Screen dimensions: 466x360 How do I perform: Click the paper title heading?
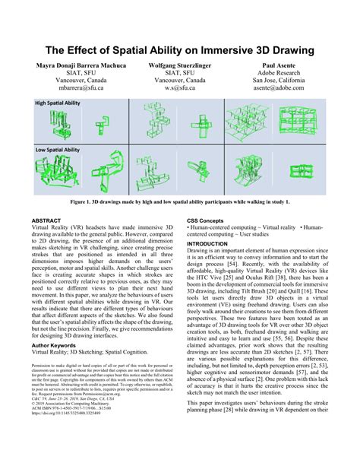(179, 50)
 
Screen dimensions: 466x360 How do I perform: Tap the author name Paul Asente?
(280, 68)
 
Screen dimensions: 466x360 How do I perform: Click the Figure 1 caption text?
(179, 204)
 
